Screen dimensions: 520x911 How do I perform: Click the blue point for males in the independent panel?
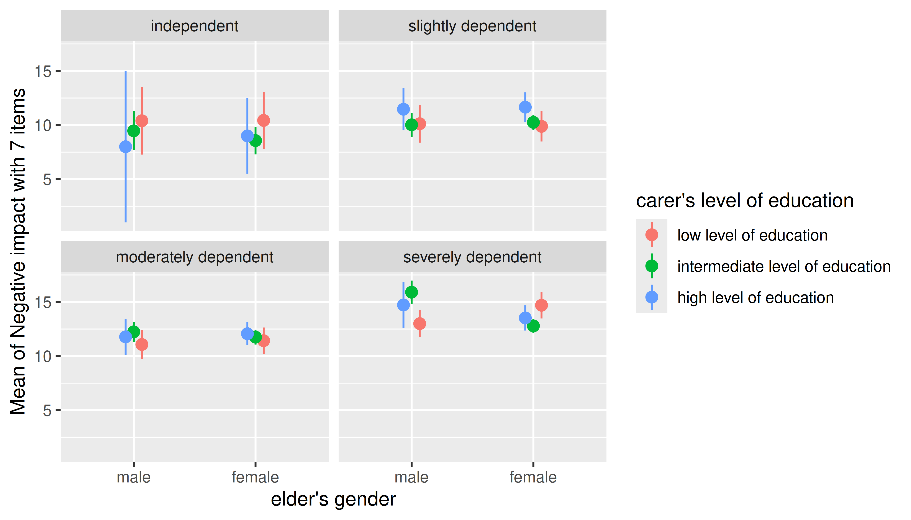coord(126,146)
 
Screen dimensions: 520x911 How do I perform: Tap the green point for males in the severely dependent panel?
coord(411,292)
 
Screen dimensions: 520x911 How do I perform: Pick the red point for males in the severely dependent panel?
coord(420,323)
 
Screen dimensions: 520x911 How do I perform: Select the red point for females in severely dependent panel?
coord(541,305)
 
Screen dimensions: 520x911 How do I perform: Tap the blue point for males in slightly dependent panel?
coord(403,109)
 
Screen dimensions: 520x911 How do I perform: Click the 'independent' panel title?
coord(195,26)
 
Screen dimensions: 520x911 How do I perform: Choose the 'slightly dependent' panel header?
coord(472,26)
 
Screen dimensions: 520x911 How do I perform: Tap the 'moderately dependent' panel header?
coord(195,257)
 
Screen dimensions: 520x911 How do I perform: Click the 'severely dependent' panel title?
coord(472,257)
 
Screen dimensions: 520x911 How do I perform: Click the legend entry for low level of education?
coord(752,235)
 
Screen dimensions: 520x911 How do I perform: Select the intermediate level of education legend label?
coord(784,266)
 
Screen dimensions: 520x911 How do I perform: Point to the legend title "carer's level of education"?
coord(745,200)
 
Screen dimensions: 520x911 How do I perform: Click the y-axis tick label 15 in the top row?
coord(43,71)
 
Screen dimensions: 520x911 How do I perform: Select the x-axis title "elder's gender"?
coord(333,499)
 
